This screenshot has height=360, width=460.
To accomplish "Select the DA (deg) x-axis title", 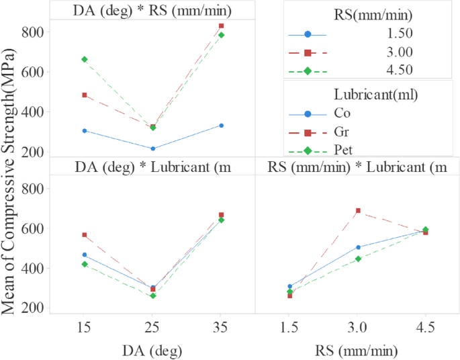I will coord(152,351).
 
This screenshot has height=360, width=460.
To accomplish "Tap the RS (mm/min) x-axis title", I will coord(358,351).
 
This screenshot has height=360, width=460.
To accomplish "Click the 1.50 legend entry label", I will coord(398,34).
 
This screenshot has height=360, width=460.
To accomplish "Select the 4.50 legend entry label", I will coord(398,70).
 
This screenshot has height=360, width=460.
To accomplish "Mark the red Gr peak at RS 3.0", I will coord(358,211).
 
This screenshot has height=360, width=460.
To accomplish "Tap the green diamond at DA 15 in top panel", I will coord(84,59).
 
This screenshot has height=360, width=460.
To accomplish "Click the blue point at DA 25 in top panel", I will coord(152,148).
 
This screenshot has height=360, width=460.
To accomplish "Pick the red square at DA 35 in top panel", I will coord(221,26).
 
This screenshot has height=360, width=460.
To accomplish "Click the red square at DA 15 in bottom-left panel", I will coord(84,235).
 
